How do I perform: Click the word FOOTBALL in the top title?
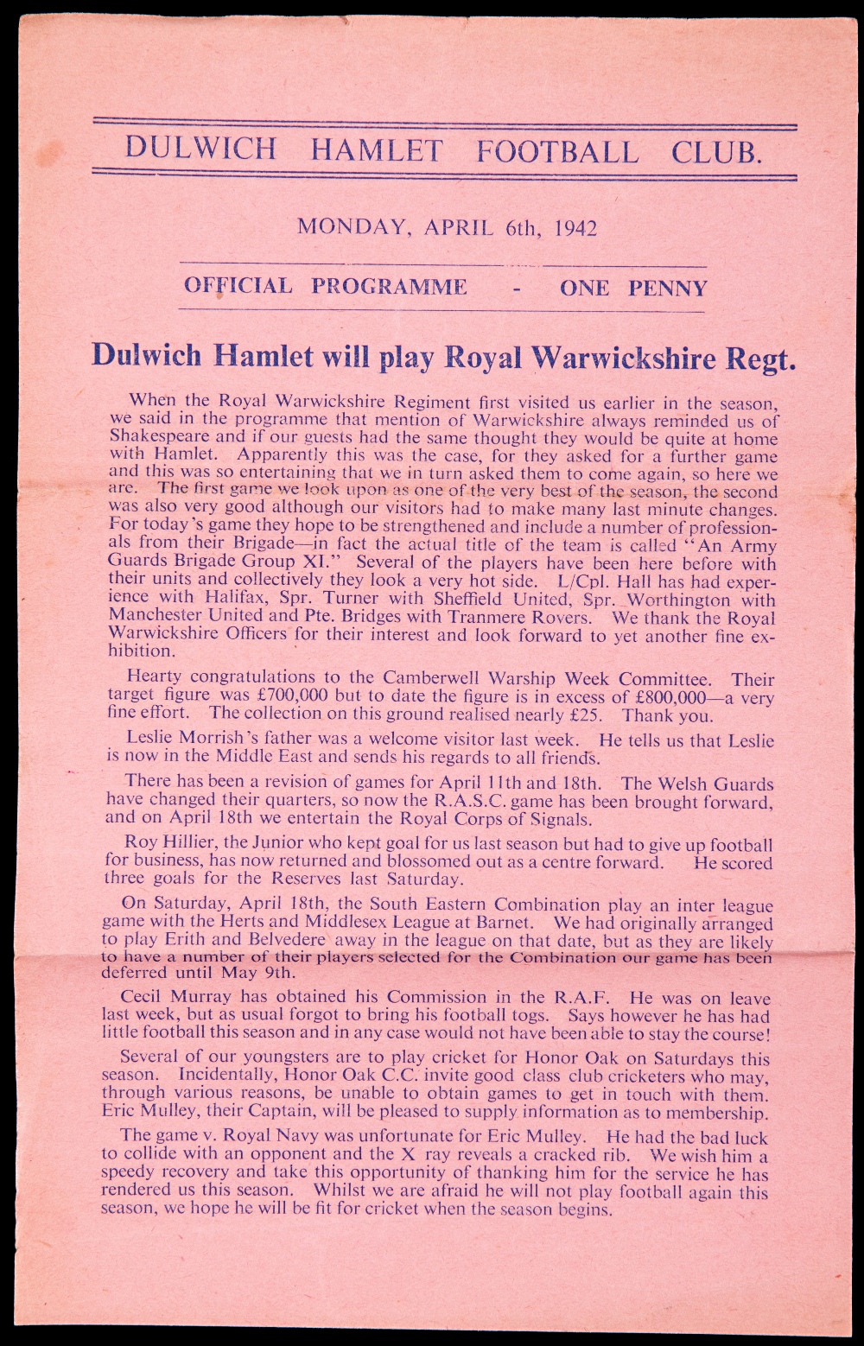coord(557,150)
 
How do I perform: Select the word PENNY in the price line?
coord(668,288)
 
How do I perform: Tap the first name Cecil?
coord(147,996)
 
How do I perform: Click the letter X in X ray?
coord(410,1154)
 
